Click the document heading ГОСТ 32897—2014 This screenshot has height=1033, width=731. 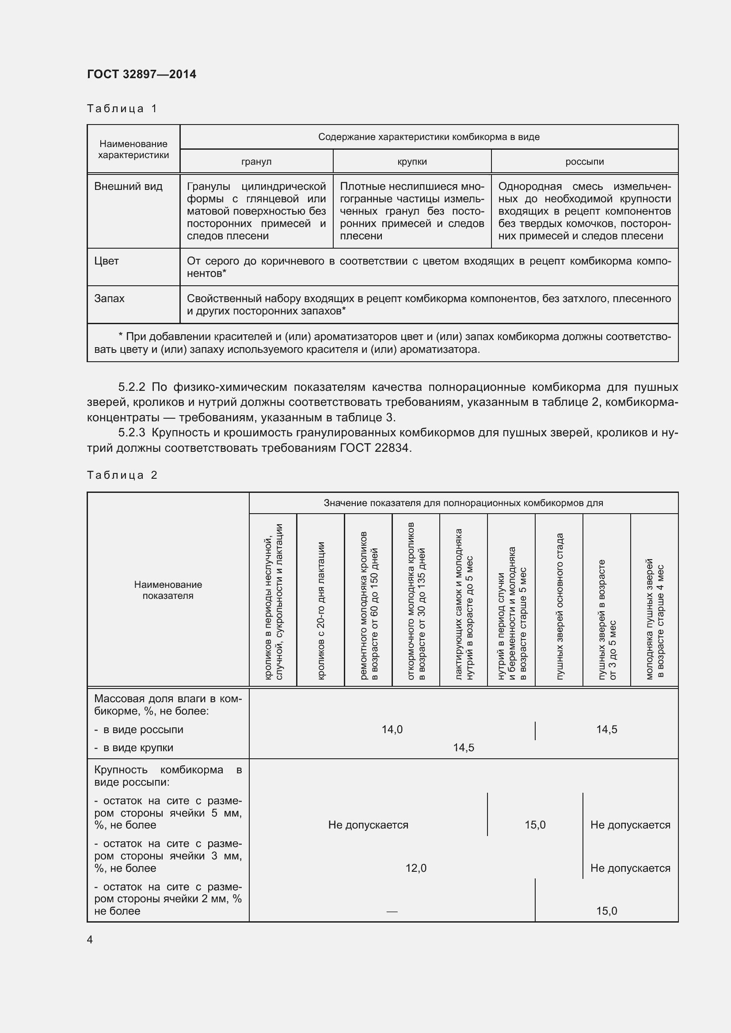coord(141,74)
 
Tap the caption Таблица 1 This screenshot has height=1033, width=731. coord(122,109)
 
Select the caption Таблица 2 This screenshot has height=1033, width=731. coord(122,475)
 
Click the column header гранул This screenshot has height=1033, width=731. coord(256,162)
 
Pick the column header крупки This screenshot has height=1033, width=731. coord(412,162)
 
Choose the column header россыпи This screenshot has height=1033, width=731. coord(584,162)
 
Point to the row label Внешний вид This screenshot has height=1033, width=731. coord(128,186)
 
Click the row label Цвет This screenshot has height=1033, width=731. coord(107,261)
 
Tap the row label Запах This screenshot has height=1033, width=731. coord(109,298)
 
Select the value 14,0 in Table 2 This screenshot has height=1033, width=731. coord(392,729)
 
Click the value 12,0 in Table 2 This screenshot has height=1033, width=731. coord(415,868)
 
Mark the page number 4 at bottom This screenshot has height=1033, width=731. coord(90,939)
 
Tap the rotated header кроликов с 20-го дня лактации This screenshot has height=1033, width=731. coord(321,610)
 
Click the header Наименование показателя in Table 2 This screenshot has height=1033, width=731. coord(168,590)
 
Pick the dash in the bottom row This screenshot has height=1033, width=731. coord(392,912)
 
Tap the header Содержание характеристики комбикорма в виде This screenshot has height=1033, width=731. coord(429,137)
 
